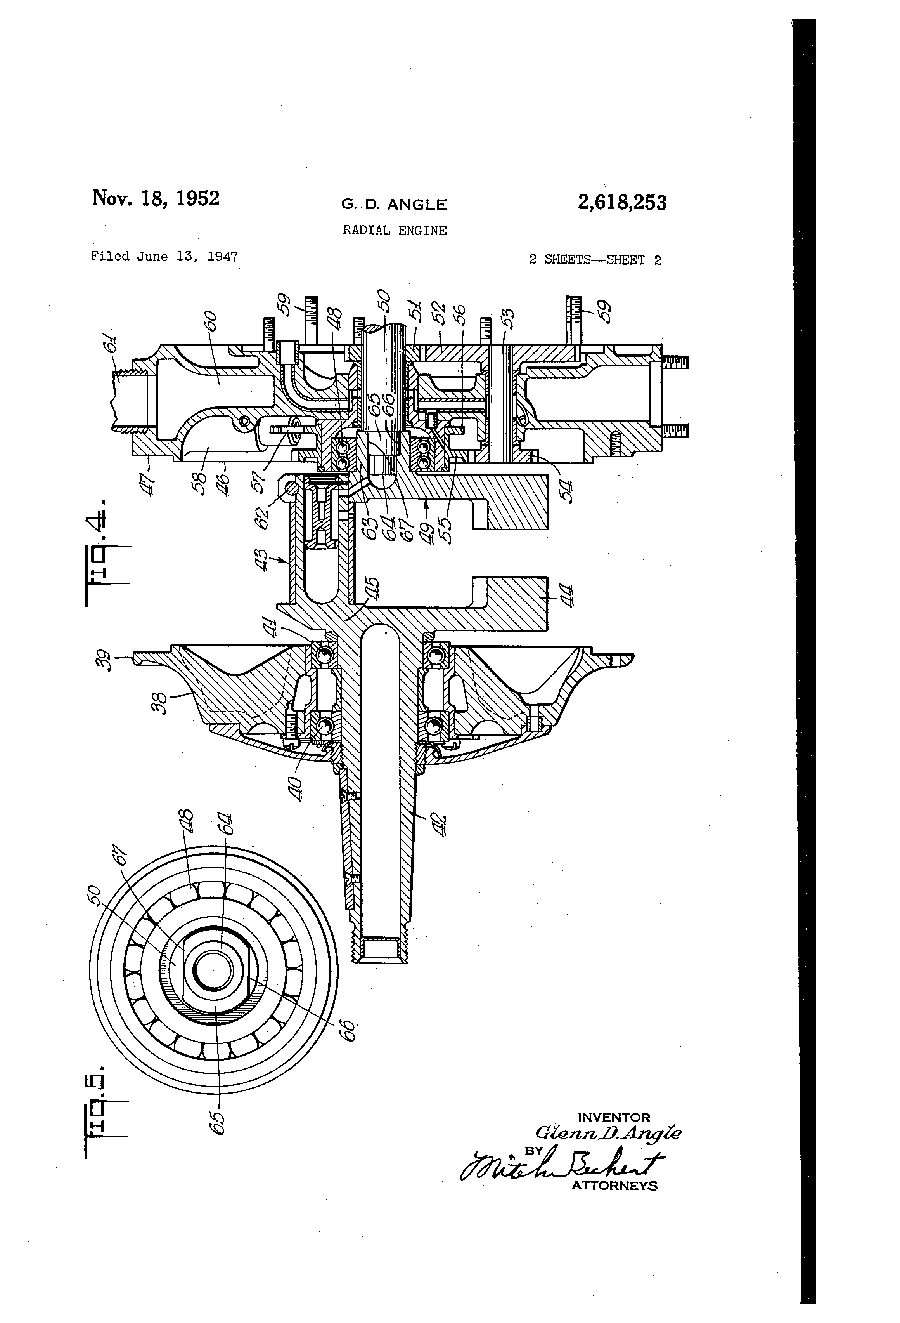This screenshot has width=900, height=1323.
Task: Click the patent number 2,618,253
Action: (622, 203)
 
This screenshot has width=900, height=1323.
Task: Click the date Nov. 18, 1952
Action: (155, 198)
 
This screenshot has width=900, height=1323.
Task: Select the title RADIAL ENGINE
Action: (394, 231)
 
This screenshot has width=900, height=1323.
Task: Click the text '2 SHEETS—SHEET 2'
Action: (595, 260)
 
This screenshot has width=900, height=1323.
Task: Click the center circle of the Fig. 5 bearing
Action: (213, 969)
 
